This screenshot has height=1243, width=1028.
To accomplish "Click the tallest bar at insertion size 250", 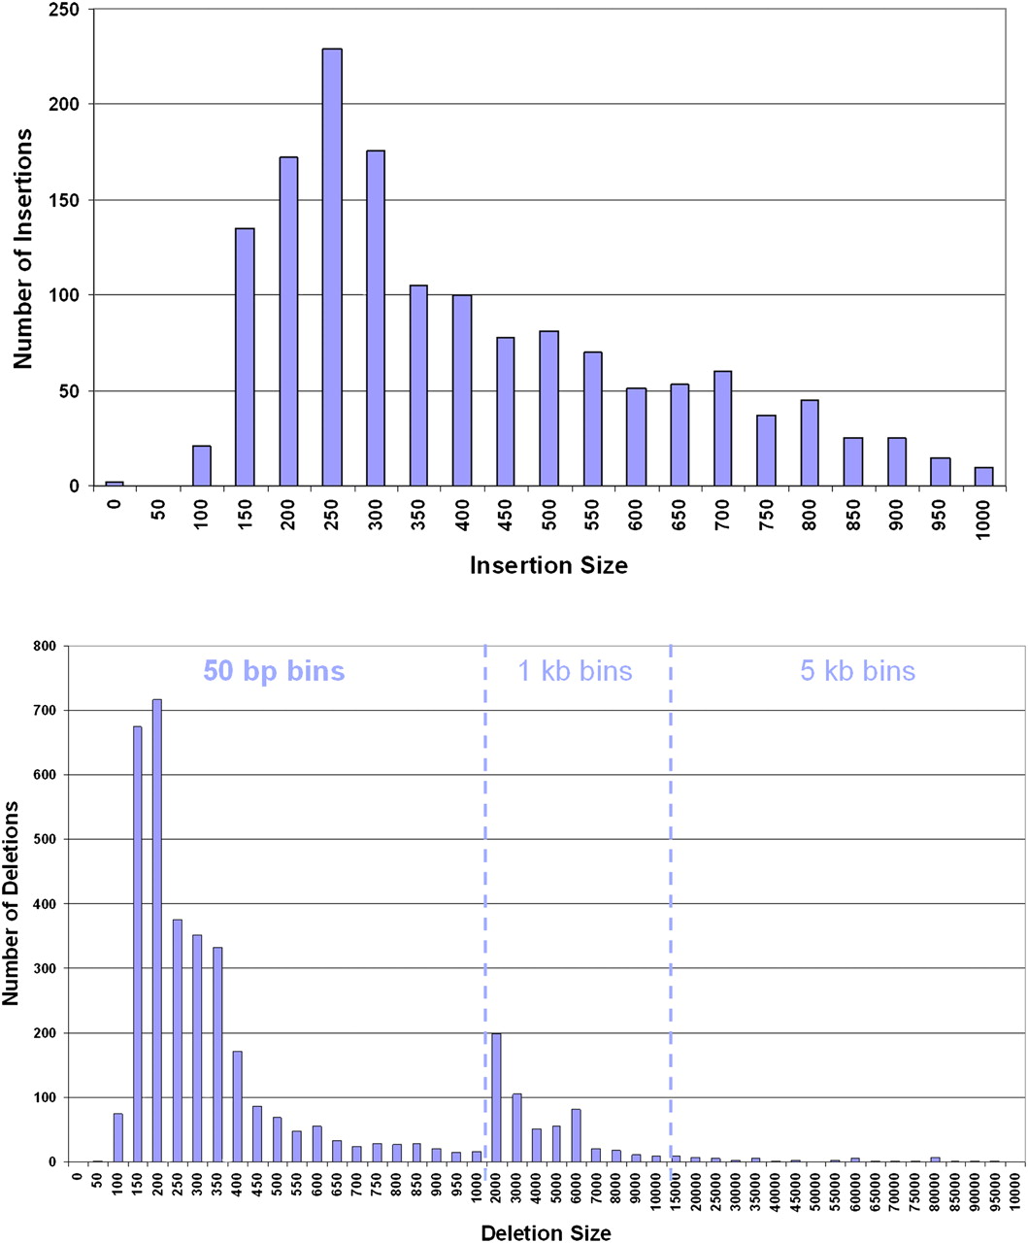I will (x=332, y=267).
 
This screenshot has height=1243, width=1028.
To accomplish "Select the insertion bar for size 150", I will (x=245, y=356).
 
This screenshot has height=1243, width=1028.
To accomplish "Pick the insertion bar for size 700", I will (x=721, y=428).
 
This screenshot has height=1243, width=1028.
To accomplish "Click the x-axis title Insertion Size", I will (x=548, y=565).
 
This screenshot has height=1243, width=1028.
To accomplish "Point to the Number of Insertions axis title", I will (x=23, y=248).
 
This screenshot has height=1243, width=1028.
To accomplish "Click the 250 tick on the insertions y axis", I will (x=72, y=10).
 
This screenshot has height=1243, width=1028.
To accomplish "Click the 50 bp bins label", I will (x=274, y=671).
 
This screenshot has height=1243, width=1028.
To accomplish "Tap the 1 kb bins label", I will (x=575, y=671).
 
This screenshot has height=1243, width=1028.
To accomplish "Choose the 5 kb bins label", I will (x=857, y=671).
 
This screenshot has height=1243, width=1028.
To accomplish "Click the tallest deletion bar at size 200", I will (x=157, y=929).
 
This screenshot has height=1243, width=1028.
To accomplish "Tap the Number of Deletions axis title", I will (x=12, y=903).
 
